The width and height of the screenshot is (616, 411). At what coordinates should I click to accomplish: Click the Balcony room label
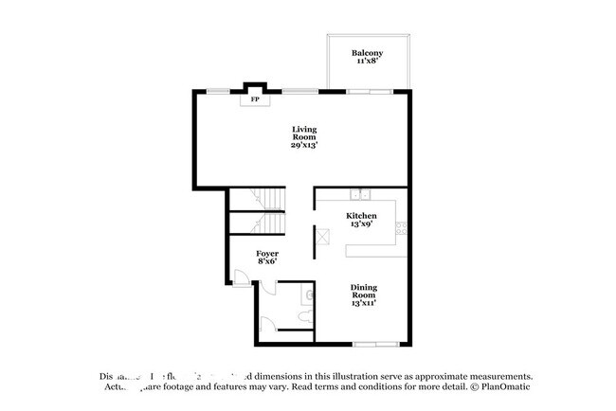(367, 53)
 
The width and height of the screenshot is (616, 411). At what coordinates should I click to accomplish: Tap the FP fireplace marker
(253, 98)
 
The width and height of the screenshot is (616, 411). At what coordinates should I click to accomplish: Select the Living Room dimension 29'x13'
(303, 145)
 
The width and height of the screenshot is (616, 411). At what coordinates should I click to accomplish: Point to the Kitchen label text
(361, 216)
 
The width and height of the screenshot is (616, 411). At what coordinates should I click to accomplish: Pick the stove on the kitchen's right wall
(402, 227)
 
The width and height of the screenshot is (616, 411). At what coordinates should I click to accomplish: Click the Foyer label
(267, 254)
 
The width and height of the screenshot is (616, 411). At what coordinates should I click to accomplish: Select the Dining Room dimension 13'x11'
(363, 304)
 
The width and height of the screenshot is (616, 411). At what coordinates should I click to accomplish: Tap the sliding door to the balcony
(367, 91)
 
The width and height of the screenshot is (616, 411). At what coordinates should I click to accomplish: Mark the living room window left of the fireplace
(218, 91)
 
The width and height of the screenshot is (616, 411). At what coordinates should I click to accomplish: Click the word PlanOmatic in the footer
(504, 387)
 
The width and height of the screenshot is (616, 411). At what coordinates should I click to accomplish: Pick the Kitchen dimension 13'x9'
(361, 225)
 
